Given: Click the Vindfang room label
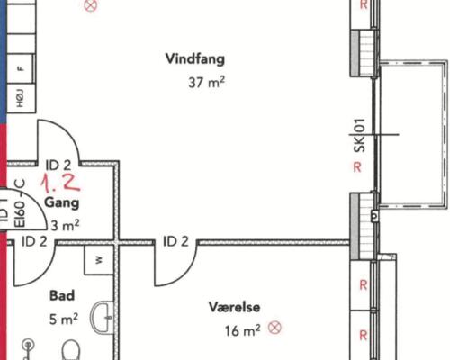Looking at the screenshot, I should coord(194,59).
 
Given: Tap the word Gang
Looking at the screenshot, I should coord(62,203).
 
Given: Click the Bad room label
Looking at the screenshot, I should coord(62,295).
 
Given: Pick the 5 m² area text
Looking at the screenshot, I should coord(64,318).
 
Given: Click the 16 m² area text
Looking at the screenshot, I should coord(243,330).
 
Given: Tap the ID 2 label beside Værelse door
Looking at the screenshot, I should coord(175,241).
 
